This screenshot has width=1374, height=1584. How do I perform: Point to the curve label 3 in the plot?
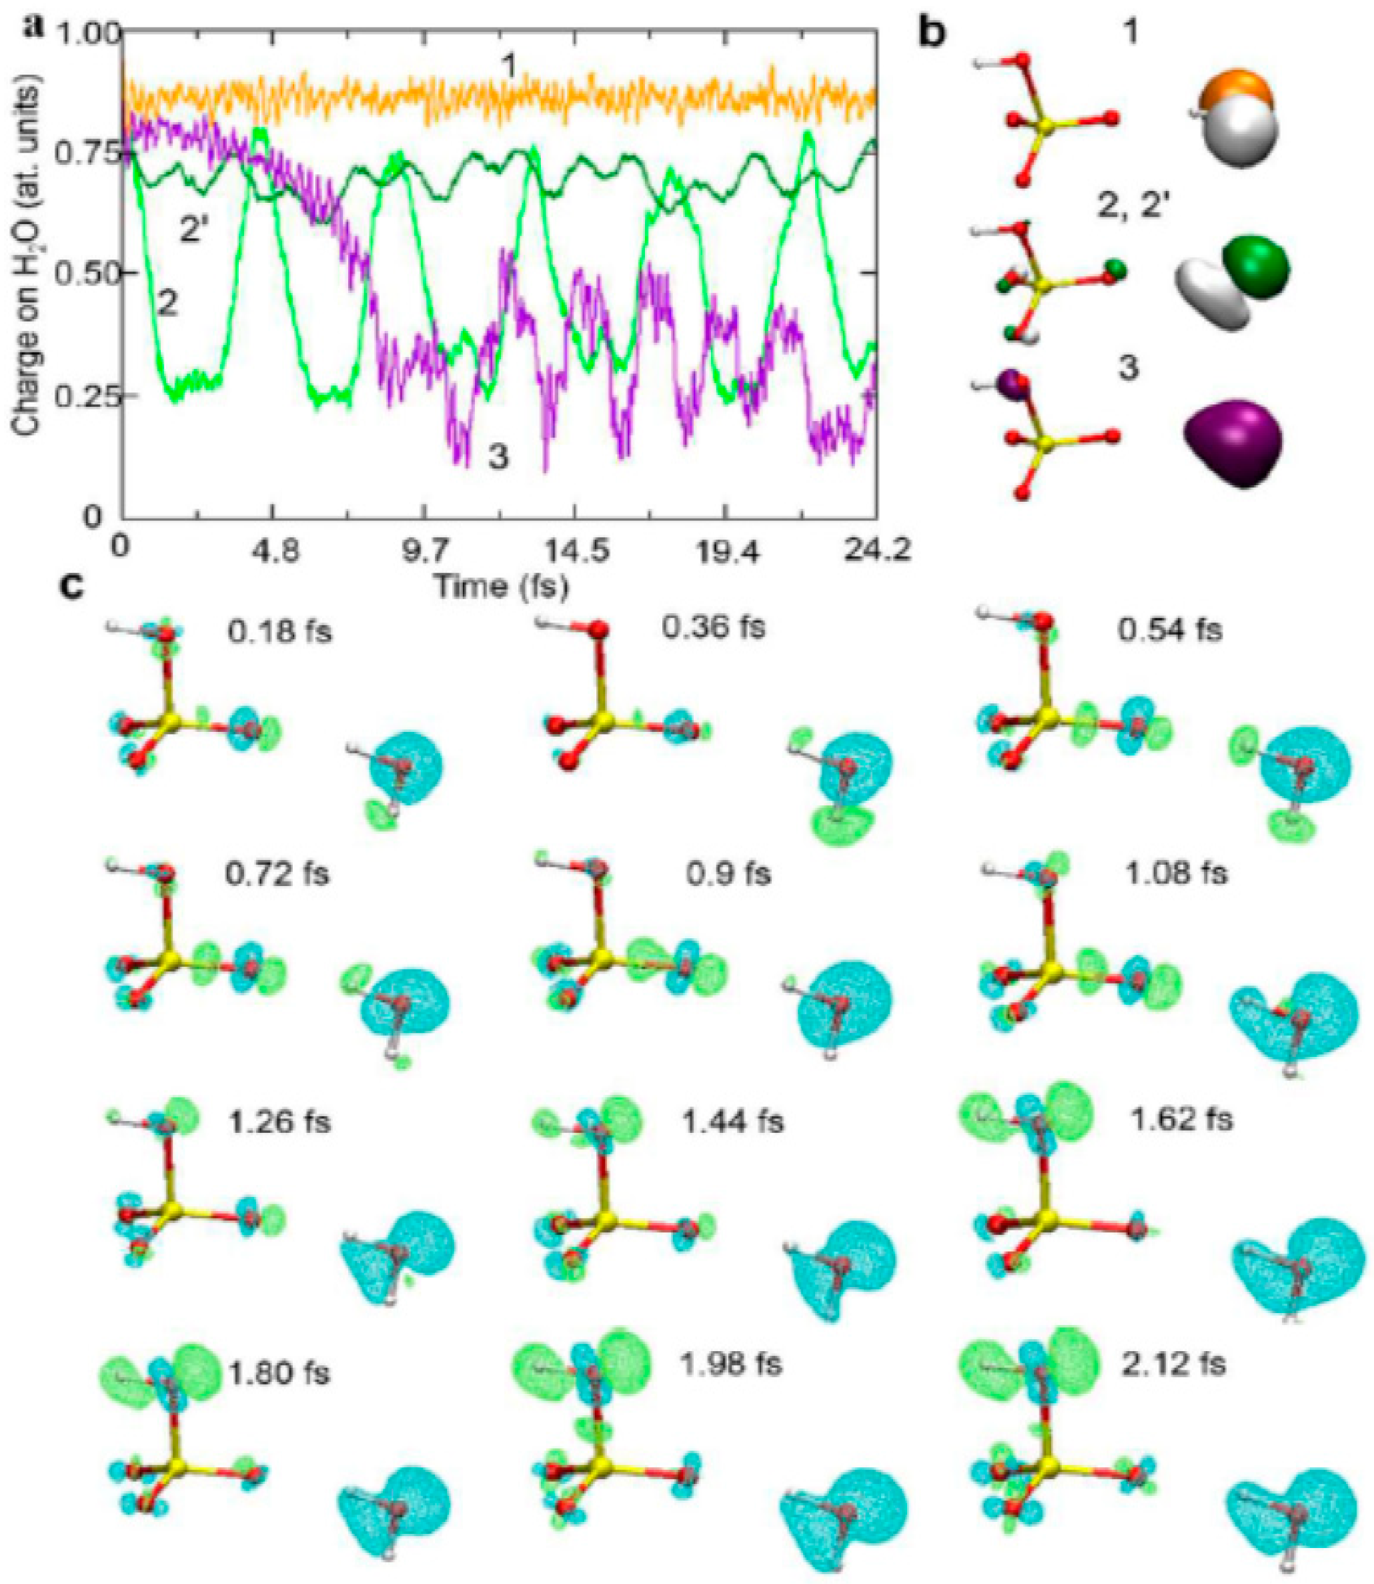[498, 458]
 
